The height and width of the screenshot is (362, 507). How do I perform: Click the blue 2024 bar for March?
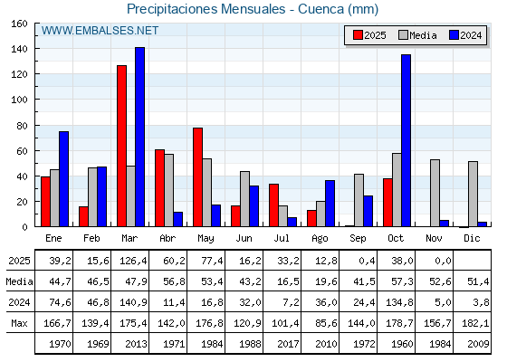[139, 137]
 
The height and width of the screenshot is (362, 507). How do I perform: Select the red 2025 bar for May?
[197, 176]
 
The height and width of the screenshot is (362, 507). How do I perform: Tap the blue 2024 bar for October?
[406, 140]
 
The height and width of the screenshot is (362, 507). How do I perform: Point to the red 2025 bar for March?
[121, 146]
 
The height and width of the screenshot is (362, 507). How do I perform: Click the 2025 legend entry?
[368, 35]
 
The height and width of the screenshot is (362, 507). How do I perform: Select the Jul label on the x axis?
[282, 237]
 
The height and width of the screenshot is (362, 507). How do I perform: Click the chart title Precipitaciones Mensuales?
[253, 9]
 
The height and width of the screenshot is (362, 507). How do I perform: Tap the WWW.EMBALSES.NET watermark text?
[100, 31]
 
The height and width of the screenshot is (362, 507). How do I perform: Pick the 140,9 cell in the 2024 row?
[129, 302]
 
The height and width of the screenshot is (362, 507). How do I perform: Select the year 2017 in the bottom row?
[282, 344]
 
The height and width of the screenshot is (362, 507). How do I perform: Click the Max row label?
[18, 323]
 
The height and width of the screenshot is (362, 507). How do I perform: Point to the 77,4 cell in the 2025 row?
[206, 261]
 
